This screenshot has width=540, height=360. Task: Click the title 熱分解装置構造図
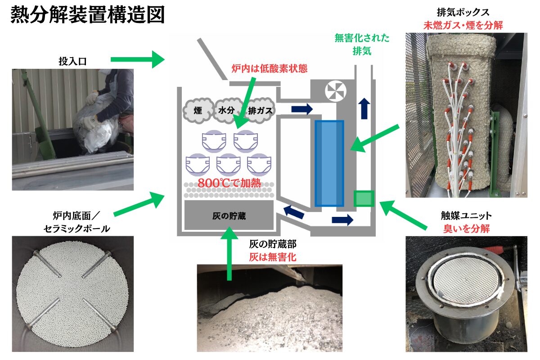point(88,15)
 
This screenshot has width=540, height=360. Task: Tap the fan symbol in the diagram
point(336,91)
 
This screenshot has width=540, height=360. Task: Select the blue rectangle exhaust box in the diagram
point(329,163)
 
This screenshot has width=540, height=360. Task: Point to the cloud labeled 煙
point(198,110)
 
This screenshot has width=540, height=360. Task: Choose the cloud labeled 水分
point(227,110)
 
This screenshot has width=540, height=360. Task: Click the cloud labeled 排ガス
point(261,110)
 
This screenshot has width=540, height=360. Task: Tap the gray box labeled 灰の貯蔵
point(229,215)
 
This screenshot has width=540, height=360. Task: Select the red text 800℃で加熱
point(229,183)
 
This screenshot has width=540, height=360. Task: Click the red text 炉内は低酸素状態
point(270,69)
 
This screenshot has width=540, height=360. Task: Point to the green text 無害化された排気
point(362,45)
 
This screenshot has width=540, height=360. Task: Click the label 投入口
point(72,61)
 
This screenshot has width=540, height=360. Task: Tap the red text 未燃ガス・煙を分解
point(463,25)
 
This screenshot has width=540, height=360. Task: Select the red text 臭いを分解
point(467,229)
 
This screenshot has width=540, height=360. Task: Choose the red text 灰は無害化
point(273,257)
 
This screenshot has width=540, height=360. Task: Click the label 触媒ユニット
point(467,216)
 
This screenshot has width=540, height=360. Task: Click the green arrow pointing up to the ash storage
point(229,254)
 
